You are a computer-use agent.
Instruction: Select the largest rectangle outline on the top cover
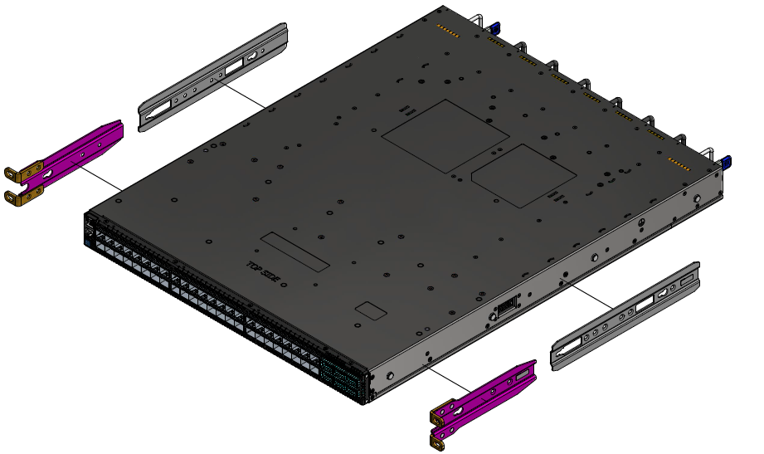(445, 136)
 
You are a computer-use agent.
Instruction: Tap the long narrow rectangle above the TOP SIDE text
(294, 251)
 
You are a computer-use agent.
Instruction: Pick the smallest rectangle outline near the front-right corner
(371, 311)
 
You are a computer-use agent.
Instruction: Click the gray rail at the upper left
(214, 77)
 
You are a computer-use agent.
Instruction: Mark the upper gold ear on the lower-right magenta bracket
(443, 412)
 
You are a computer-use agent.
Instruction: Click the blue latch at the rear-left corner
(495, 27)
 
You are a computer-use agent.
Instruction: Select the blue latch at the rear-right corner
(728, 162)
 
